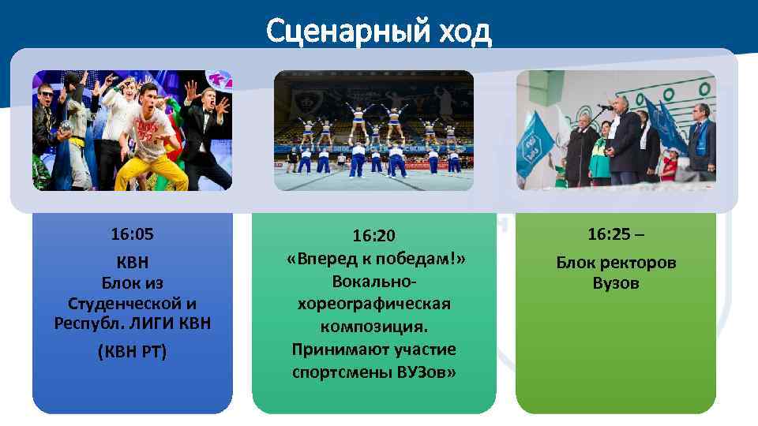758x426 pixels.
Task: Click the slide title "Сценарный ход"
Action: click(378, 31)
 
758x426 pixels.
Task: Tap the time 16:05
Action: click(132, 234)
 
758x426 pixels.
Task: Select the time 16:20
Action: click(373, 237)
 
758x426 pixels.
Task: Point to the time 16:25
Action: click(609, 234)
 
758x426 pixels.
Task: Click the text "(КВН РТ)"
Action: click(132, 350)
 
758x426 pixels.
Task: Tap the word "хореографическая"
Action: click(373, 305)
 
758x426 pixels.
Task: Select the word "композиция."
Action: click(373, 327)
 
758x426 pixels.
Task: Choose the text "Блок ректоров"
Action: click(616, 263)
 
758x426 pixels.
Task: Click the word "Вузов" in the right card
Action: click(616, 283)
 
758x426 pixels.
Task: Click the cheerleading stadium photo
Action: click(373, 130)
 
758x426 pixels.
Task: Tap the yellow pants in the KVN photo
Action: click(150, 170)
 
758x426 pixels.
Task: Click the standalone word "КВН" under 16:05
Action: click(132, 261)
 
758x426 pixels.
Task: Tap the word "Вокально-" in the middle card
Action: click(373, 282)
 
